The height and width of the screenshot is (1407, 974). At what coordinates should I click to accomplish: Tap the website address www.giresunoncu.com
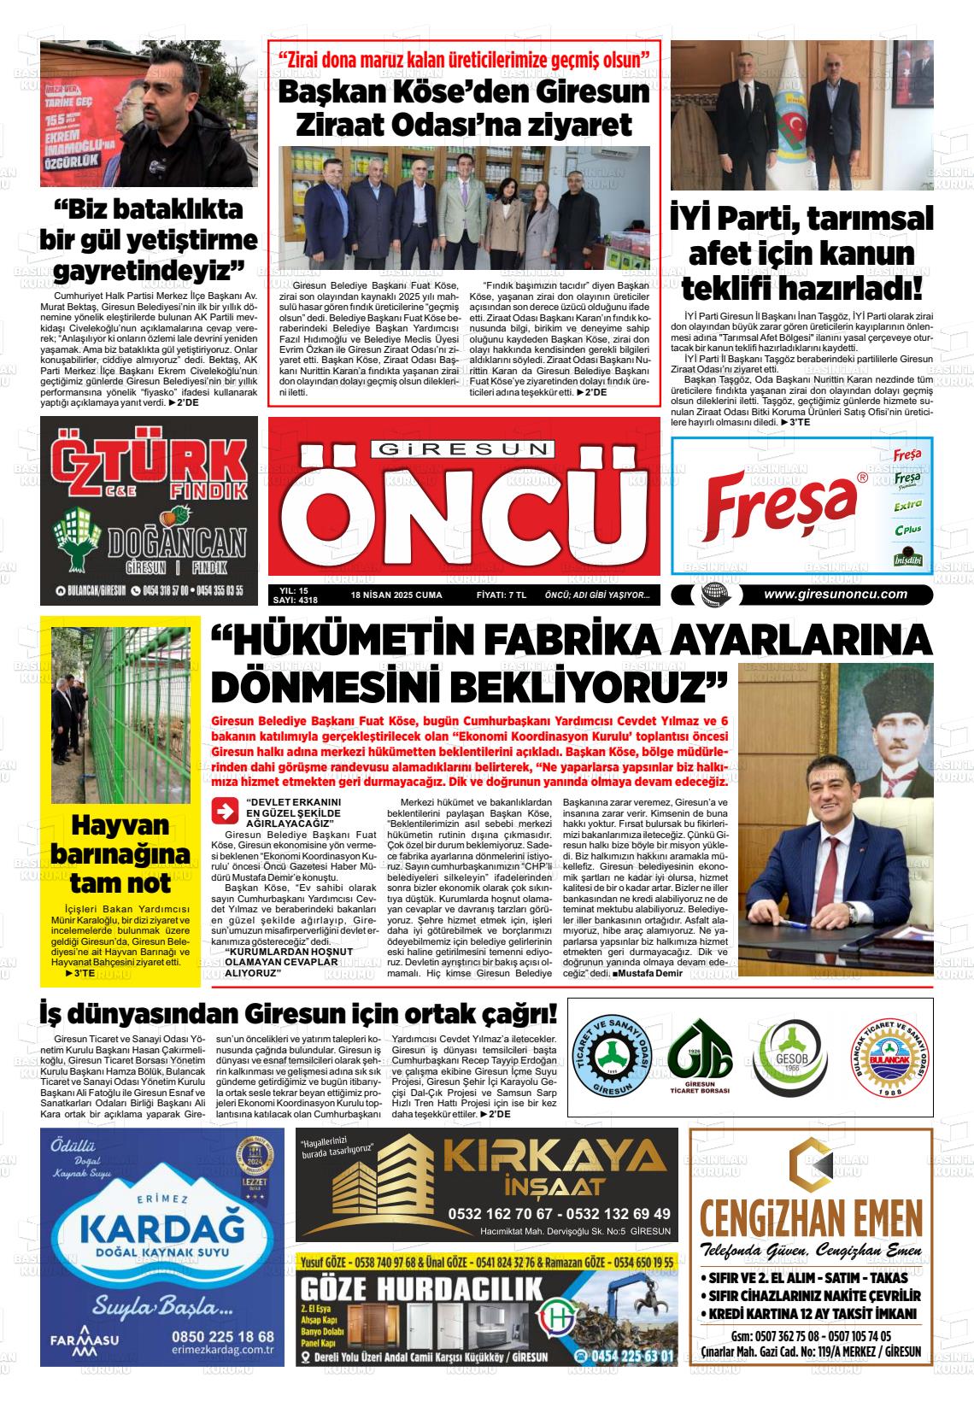click(x=835, y=595)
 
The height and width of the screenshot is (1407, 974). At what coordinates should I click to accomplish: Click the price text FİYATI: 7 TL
click(x=501, y=595)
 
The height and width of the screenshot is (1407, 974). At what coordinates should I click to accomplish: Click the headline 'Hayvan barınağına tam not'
click(x=120, y=854)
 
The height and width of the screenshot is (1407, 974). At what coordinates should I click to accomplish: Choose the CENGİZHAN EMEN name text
click(x=810, y=1216)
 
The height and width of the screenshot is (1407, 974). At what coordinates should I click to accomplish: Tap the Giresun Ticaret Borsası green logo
click(x=700, y=1056)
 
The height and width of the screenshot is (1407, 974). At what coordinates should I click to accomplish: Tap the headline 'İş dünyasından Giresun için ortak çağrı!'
click(x=298, y=1015)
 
